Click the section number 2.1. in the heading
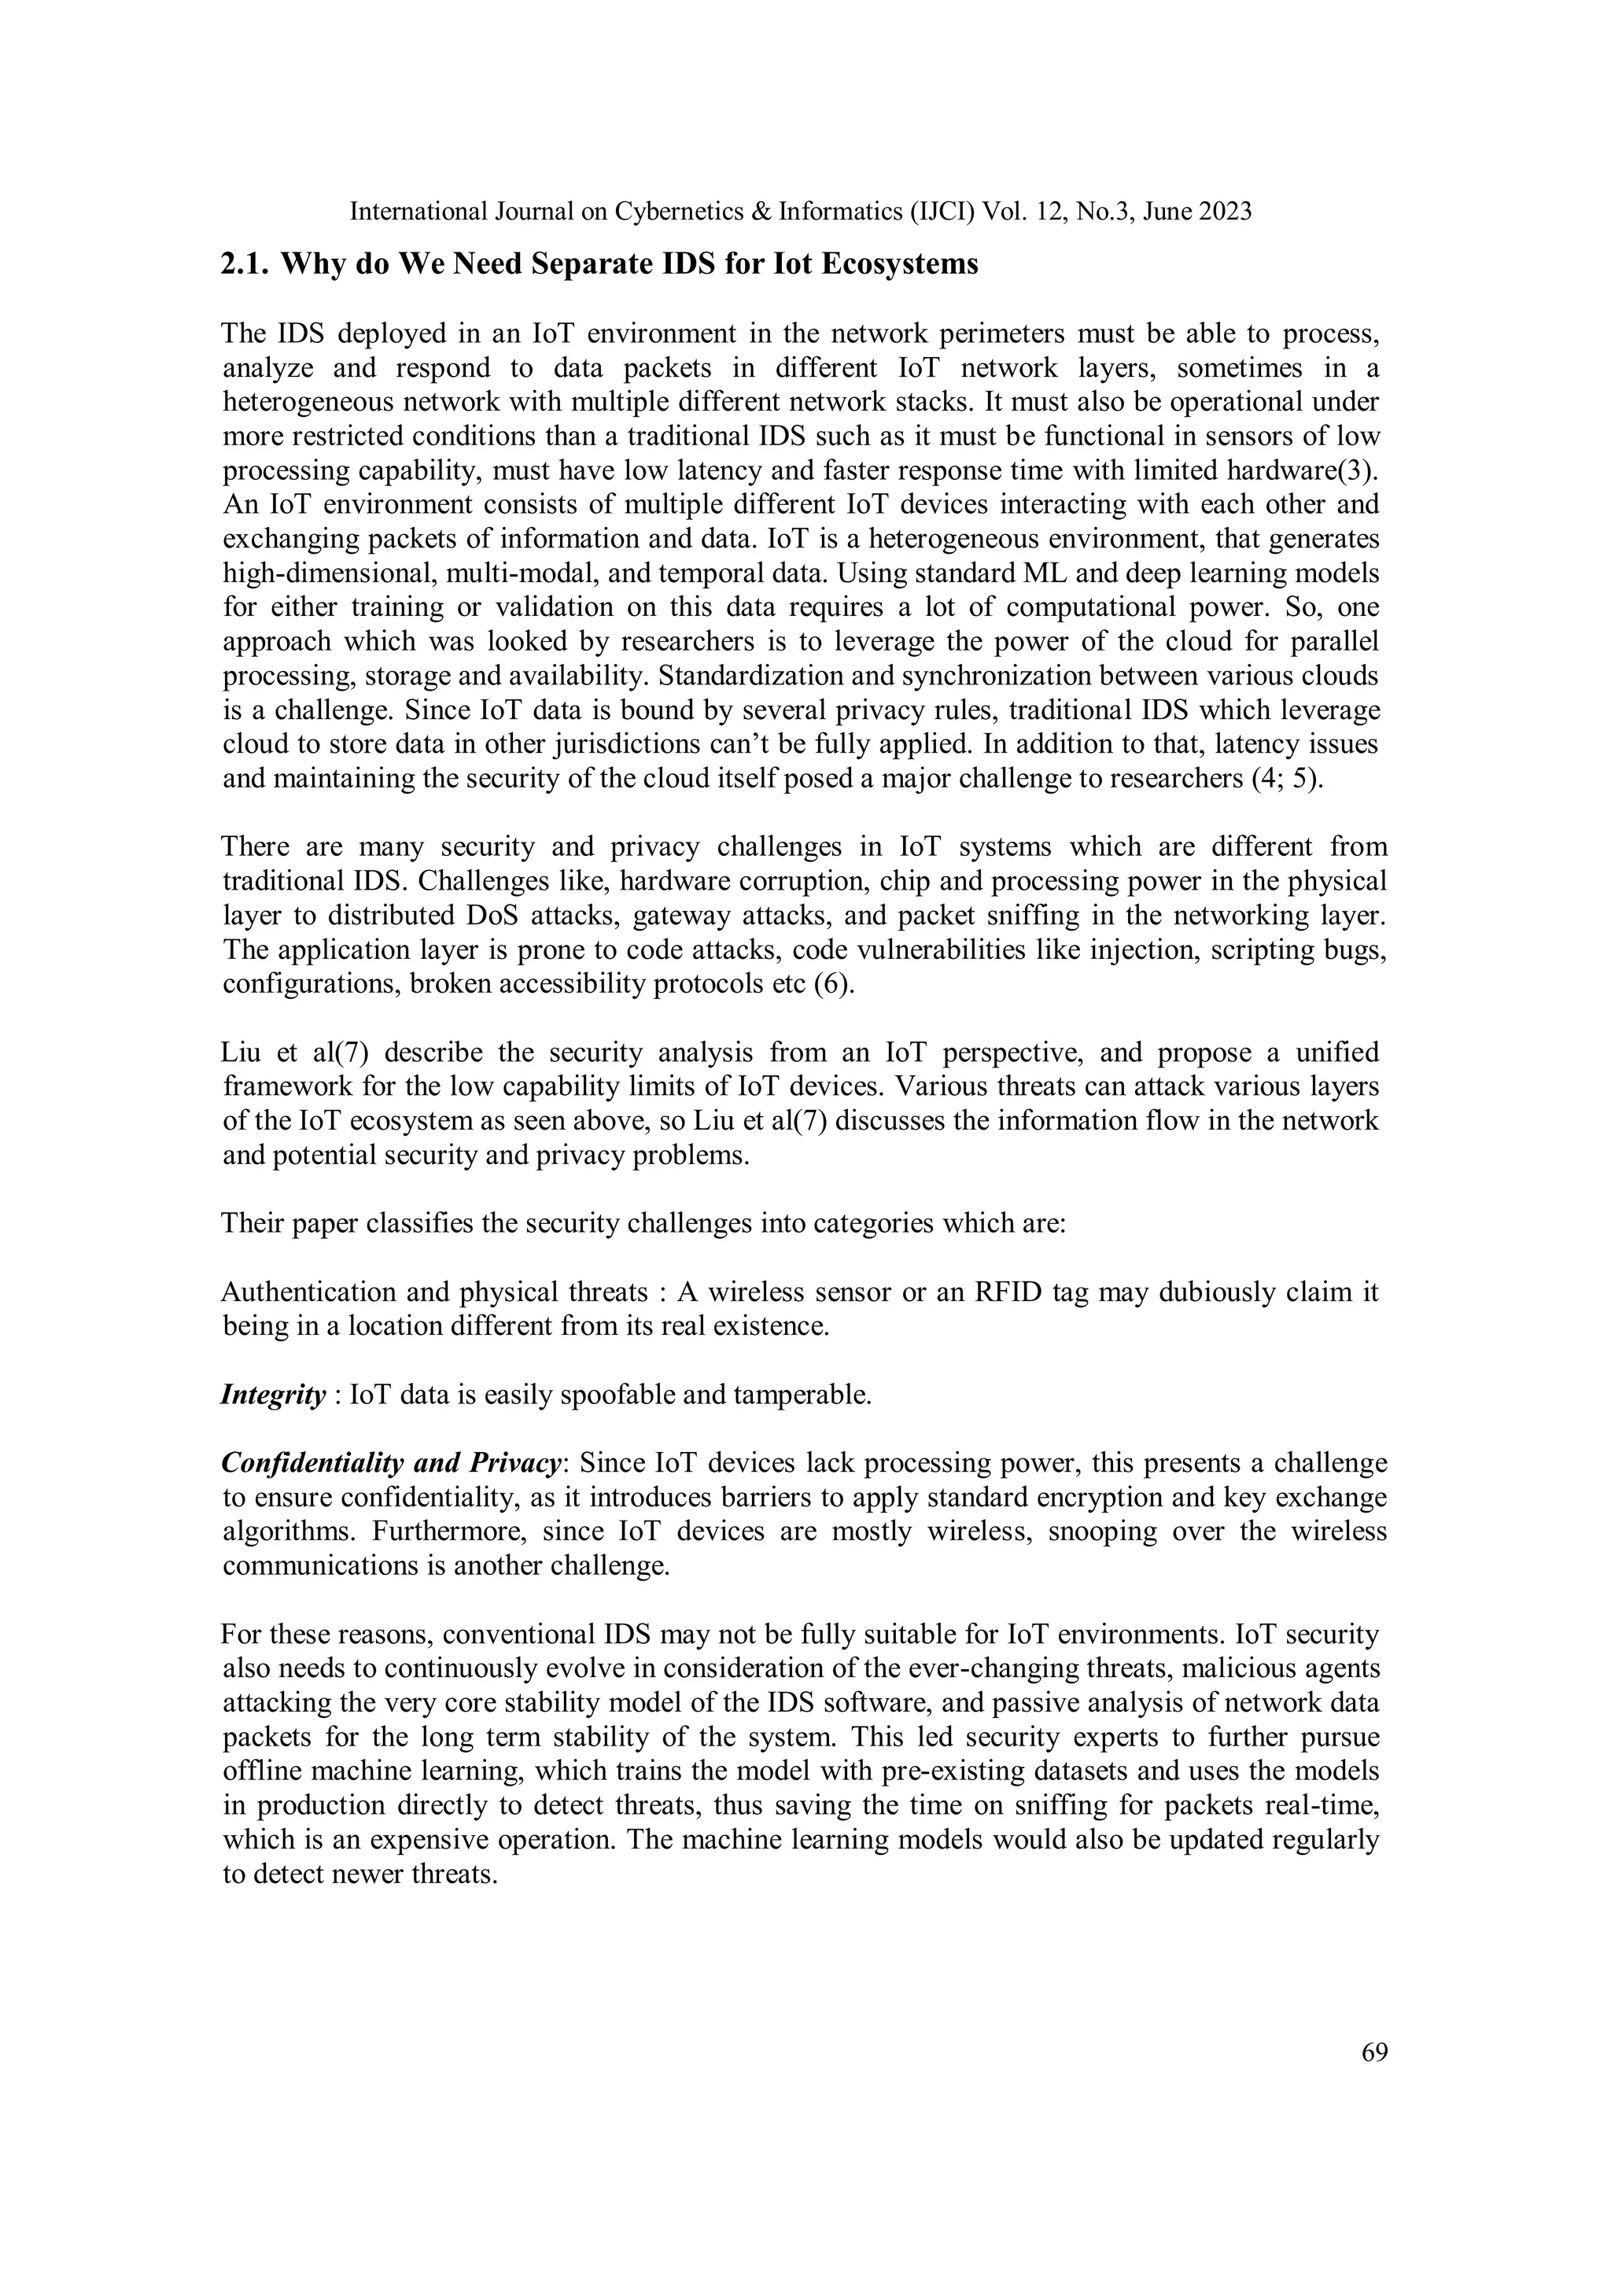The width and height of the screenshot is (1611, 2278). pyautogui.click(x=247, y=265)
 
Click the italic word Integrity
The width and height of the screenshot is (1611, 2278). pyautogui.click(x=273, y=1395)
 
